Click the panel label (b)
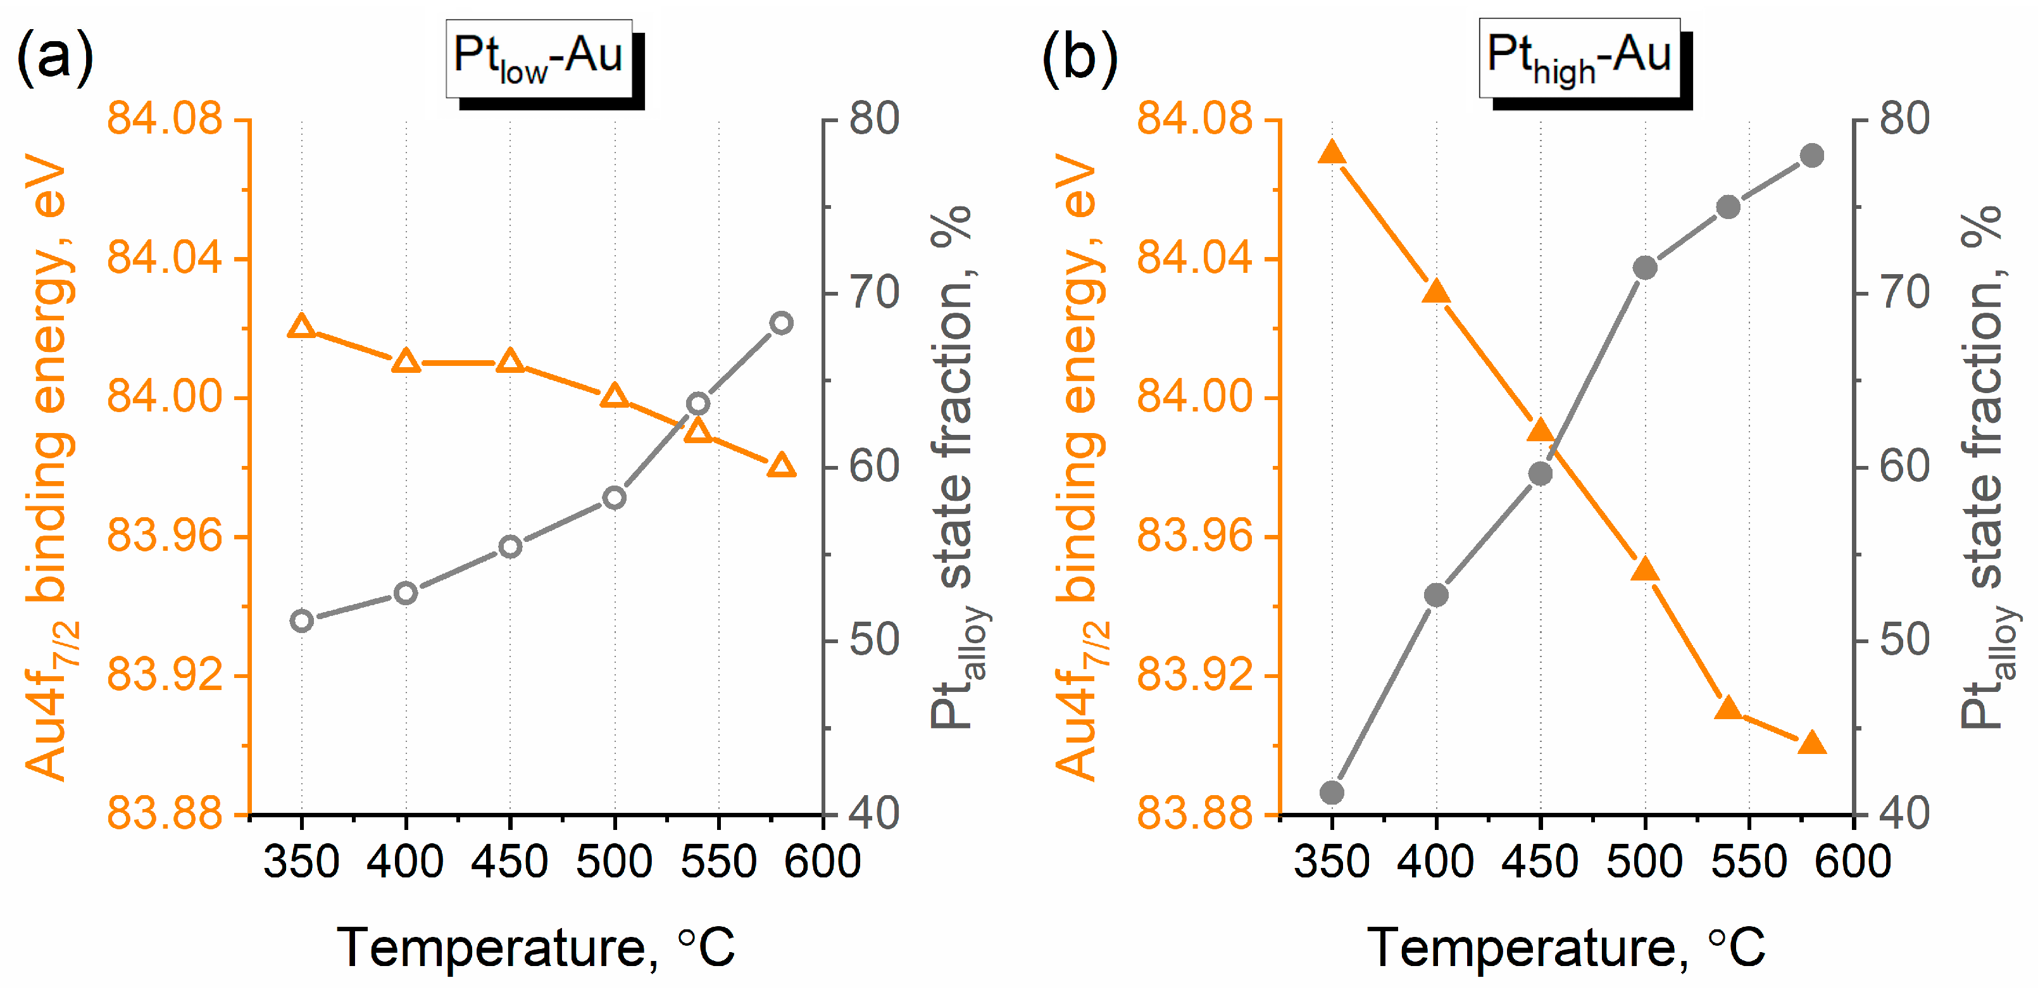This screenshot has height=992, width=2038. point(1079,57)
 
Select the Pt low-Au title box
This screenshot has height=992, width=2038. point(539,58)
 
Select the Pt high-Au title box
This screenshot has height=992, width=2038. point(1579,58)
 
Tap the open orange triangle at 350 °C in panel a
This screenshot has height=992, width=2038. point(301,327)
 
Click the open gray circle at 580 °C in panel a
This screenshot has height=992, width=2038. point(781,323)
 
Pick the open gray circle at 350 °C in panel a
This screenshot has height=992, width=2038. point(301,621)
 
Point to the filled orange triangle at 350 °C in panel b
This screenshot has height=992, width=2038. point(1332,153)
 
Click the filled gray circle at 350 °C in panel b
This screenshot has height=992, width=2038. point(1332,792)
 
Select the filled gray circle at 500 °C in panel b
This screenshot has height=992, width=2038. point(1645,267)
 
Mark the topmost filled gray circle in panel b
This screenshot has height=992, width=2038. point(1811,155)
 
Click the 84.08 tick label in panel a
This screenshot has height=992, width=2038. point(165,120)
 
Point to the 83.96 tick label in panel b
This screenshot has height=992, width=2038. point(1195,536)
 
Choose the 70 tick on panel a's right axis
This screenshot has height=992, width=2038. point(874,292)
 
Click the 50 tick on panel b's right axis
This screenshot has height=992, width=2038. point(1904,640)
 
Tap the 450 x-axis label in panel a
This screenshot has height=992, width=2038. point(509,861)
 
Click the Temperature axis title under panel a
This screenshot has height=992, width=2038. point(535,947)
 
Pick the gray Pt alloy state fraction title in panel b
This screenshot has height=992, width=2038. point(1984,467)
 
